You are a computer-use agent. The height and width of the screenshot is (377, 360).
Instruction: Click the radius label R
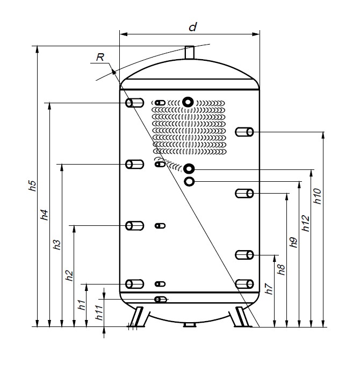(99, 56)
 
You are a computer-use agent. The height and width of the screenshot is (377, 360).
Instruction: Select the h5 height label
(32, 186)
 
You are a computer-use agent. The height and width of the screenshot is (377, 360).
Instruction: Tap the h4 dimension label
(45, 215)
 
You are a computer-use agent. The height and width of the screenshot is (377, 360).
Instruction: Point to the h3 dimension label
(57, 245)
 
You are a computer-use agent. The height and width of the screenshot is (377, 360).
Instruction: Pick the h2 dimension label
(69, 275)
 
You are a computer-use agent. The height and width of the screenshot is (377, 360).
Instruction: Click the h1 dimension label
(82, 305)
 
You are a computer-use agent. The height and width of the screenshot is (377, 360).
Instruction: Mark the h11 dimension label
(99, 313)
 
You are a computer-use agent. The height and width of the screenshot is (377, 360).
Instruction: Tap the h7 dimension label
(269, 290)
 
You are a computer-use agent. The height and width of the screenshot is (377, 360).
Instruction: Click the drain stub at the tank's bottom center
(189, 325)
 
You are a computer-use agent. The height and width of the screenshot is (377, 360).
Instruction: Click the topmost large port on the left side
(134, 103)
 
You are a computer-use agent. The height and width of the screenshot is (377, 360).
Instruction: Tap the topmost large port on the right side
(245, 131)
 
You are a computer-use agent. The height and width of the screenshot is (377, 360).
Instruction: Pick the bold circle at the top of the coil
(188, 102)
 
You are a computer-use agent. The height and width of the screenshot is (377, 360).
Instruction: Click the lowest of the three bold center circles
(189, 182)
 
